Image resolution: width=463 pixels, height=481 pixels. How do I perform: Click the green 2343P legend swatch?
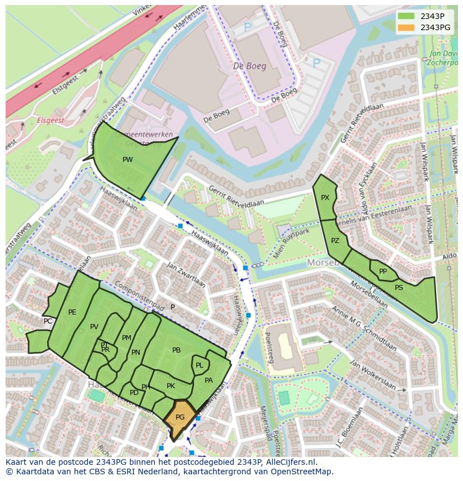[407, 16]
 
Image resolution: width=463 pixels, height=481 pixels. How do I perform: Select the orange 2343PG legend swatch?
[407, 27]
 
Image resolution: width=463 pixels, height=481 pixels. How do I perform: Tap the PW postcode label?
[127, 160]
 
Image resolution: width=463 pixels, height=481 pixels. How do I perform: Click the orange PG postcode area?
[180, 418]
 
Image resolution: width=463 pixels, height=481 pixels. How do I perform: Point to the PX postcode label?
[325, 198]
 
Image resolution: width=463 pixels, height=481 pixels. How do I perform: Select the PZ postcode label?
[335, 241]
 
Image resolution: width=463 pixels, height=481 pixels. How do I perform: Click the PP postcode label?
[383, 272]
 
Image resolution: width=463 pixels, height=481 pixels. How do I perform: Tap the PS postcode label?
[399, 288]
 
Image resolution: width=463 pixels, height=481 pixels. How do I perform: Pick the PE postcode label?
[72, 312]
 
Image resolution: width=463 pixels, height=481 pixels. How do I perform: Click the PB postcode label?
[176, 350]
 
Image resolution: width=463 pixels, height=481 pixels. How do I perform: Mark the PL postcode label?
[199, 365]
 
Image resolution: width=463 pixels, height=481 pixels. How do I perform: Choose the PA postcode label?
[209, 380]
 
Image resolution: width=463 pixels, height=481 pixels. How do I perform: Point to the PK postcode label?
[171, 386]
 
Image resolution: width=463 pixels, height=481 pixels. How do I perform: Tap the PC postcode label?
[48, 321]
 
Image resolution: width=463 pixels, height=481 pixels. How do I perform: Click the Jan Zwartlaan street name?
[186, 275]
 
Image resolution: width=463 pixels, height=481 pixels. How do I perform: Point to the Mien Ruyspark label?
[292, 244]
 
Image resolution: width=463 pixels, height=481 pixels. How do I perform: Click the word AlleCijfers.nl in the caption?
[290, 462]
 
